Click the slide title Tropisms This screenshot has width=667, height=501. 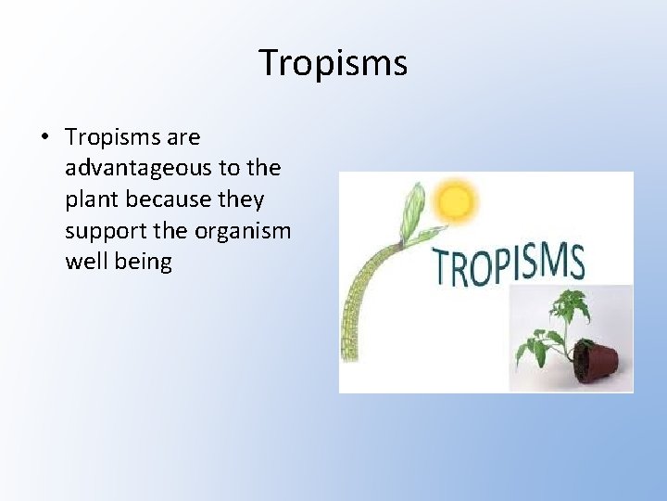coord(333,63)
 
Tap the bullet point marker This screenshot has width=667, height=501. coord(44,137)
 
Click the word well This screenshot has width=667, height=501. coord(84,262)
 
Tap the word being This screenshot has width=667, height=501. coord(142,262)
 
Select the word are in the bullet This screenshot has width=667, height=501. coord(183,137)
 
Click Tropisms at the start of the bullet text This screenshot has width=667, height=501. coord(112,137)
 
